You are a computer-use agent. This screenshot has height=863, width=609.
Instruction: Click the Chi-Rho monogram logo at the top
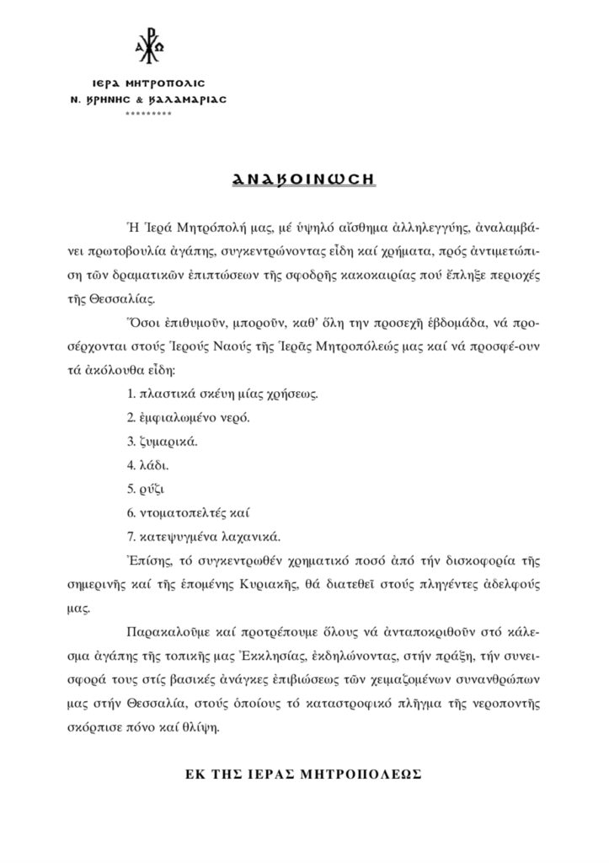148,50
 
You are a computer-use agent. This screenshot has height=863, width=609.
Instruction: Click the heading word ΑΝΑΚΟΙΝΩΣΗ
304,180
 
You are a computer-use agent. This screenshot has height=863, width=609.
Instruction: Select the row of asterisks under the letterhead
148,113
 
